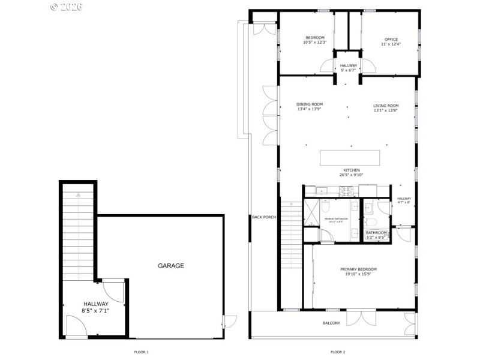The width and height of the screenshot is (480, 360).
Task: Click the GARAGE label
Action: tap(171, 265)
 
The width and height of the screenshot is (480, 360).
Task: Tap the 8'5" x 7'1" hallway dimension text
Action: tap(95, 311)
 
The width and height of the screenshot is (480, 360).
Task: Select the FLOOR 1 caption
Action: tap(140, 352)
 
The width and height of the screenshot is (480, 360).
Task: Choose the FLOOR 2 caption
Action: tap(338, 352)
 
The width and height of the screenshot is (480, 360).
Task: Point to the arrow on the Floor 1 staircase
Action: tap(77, 194)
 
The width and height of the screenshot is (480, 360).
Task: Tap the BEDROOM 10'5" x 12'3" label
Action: tap(315, 40)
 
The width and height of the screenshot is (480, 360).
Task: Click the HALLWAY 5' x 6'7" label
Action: tap(349, 67)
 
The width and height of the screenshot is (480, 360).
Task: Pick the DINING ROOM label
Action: tap(310, 106)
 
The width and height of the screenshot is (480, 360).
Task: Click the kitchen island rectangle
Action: tap(350, 157)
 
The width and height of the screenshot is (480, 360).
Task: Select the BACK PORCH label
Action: tap(263, 217)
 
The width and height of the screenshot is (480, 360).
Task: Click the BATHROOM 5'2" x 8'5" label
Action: tap(376, 235)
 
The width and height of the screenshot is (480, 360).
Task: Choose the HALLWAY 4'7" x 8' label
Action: tap(404, 200)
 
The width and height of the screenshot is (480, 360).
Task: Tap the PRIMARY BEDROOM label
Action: tap(358, 272)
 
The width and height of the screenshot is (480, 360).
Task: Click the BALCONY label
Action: tap(331, 323)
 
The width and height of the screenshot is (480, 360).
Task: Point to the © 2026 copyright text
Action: tap(66, 7)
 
